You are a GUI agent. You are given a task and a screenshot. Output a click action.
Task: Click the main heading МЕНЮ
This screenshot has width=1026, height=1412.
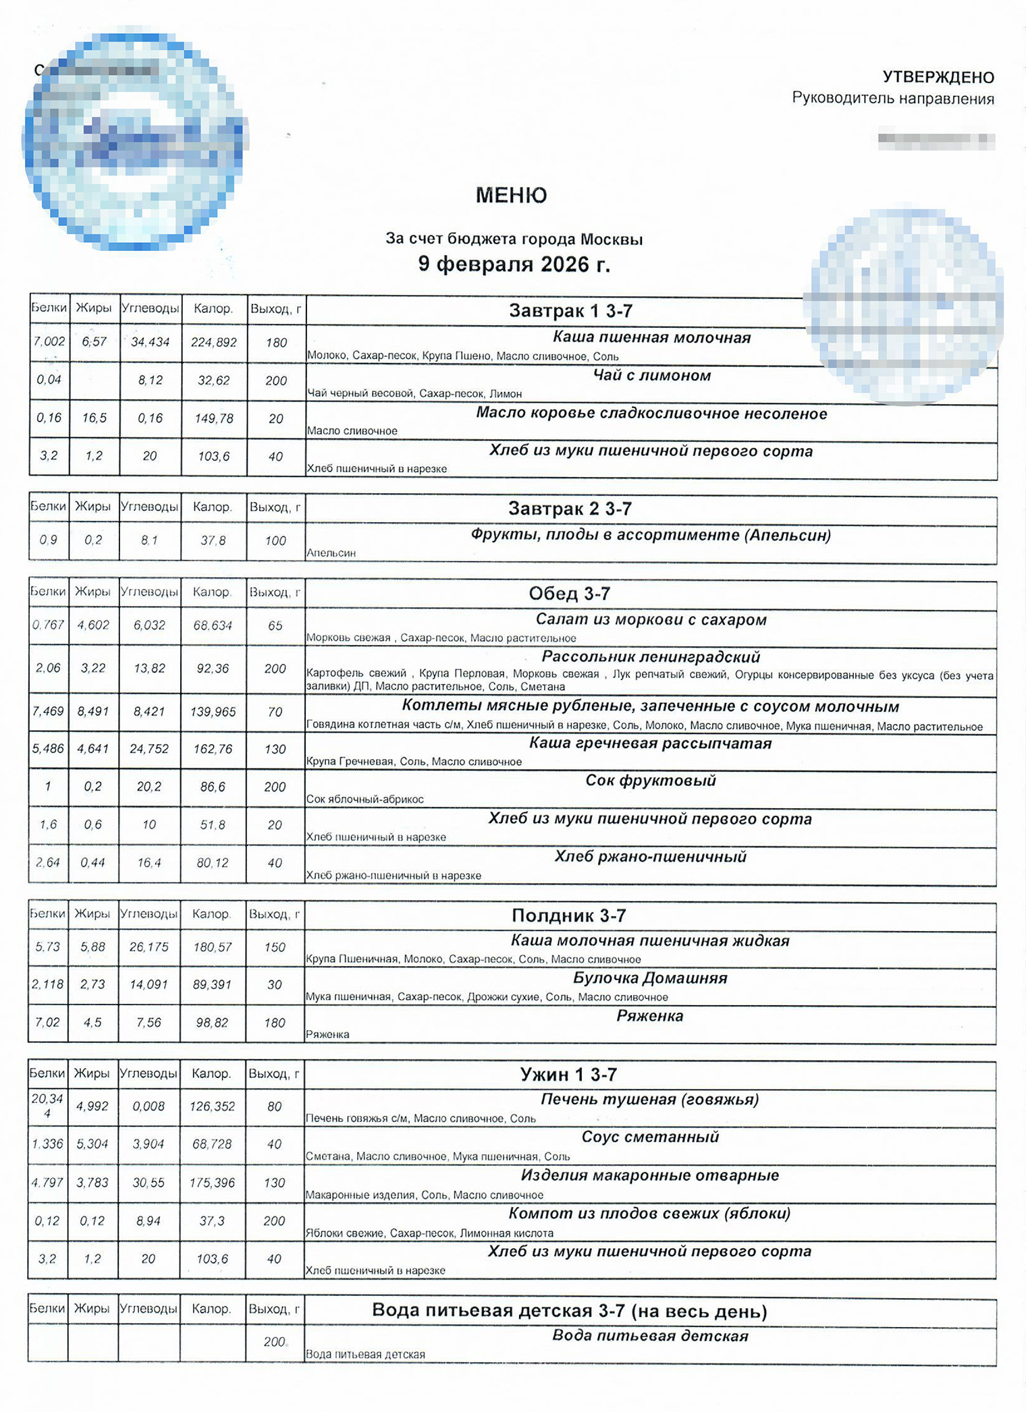tap(511, 196)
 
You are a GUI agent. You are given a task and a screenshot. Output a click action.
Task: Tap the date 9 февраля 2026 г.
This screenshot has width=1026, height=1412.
tap(514, 264)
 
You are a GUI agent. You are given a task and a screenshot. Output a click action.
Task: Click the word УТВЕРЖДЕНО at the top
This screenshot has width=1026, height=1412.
tap(938, 77)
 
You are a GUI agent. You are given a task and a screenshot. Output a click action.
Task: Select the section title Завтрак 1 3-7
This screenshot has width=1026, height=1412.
tap(570, 311)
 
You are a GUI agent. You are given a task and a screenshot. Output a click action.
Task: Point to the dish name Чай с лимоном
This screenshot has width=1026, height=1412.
tap(651, 376)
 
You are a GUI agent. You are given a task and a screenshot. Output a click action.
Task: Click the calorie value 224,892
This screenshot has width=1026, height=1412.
tap(213, 343)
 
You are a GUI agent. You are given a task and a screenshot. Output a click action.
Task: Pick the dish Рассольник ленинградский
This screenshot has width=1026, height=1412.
tap(651, 656)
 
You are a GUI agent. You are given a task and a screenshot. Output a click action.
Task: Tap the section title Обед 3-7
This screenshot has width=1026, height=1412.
tap(569, 594)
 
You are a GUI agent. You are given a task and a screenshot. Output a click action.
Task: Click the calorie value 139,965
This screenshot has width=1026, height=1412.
tap(213, 712)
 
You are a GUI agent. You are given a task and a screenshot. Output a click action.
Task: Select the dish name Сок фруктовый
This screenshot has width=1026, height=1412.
tap(650, 781)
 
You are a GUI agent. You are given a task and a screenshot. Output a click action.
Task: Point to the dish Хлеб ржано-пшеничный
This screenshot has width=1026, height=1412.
tap(650, 857)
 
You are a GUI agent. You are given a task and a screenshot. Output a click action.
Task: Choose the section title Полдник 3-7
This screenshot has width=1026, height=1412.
tap(568, 915)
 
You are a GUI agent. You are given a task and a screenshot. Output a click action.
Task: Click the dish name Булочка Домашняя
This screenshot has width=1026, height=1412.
tap(649, 978)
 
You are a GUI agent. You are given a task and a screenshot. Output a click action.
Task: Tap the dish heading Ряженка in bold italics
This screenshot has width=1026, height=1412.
tap(649, 1016)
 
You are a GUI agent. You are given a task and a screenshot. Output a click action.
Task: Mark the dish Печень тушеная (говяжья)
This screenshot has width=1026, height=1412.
tap(649, 1100)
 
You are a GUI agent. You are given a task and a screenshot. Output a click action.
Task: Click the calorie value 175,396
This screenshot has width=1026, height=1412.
tap(212, 1183)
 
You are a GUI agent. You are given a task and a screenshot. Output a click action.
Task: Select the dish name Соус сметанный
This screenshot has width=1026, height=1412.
tap(649, 1137)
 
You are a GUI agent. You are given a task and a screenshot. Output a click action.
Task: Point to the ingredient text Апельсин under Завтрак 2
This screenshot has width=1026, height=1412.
tap(331, 553)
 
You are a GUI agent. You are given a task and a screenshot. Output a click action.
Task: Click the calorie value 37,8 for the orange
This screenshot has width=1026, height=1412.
tap(213, 540)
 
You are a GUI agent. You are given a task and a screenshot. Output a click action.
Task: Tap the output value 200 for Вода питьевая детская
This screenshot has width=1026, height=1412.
tap(274, 1342)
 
